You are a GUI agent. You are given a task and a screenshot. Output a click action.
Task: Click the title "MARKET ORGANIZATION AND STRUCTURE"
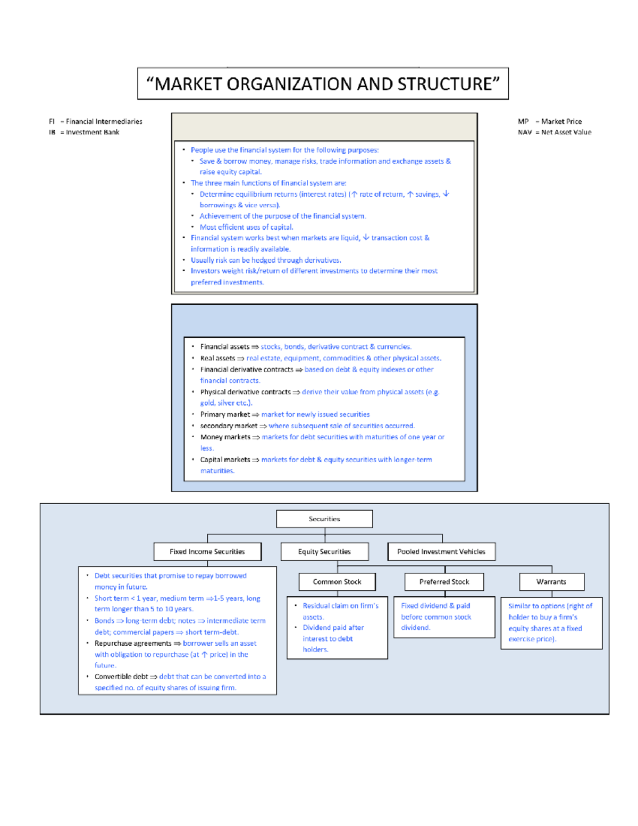click(x=323, y=84)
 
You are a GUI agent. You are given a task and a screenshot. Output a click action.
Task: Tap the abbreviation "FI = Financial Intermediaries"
click(x=96, y=121)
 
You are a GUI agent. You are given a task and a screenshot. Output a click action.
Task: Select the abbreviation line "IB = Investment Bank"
click(x=84, y=132)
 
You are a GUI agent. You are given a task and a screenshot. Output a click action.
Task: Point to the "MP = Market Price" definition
click(x=550, y=121)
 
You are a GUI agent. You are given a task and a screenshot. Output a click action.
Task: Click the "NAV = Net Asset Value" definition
click(x=555, y=132)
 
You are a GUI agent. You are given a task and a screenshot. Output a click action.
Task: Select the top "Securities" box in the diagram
click(x=324, y=519)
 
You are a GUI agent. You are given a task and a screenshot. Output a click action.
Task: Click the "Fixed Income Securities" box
click(x=207, y=552)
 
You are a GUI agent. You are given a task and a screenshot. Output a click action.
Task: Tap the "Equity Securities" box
click(x=324, y=552)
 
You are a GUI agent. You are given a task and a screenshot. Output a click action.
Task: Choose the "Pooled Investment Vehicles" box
click(x=441, y=552)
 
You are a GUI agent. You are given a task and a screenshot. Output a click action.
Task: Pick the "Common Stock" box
click(x=337, y=582)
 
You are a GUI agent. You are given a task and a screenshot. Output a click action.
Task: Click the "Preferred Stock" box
click(x=444, y=582)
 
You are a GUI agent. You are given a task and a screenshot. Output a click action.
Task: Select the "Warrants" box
click(x=551, y=582)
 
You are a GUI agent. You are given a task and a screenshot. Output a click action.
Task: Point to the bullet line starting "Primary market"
click(x=284, y=414)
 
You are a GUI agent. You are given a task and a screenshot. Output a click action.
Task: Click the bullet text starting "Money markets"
click(x=322, y=437)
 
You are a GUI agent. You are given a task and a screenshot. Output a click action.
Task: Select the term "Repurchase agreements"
click(x=133, y=643)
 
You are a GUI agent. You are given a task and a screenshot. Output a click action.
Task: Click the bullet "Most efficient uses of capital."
click(x=246, y=227)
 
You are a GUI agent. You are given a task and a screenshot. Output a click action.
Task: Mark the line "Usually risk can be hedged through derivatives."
click(x=266, y=260)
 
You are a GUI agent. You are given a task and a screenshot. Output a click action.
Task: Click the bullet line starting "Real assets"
click(x=321, y=358)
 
